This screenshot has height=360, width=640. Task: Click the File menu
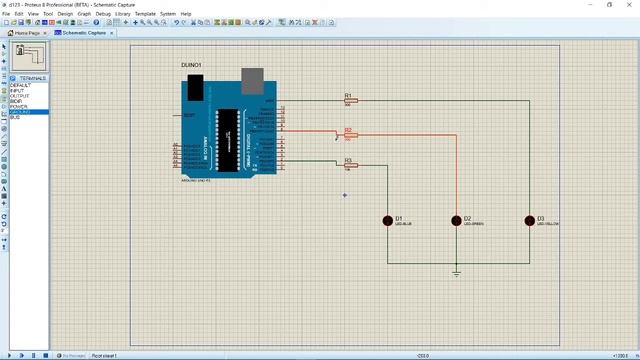coord(6,14)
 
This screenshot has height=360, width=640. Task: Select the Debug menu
coord(102,14)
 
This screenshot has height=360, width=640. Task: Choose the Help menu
coord(186,14)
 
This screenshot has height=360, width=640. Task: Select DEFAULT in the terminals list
coord(21,86)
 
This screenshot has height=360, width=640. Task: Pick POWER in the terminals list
coord(19,107)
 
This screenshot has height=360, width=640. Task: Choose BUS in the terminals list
coord(15,118)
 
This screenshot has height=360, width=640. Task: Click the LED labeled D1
coord(388,220)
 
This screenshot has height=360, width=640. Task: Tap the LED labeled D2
coord(457,220)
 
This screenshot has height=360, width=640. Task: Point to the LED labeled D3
coord(530,220)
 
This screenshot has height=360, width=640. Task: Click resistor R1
coord(350,101)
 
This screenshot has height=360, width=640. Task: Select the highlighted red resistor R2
coord(350,134)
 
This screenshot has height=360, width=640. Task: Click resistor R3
coord(350,165)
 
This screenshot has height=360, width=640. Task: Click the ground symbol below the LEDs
coord(456,273)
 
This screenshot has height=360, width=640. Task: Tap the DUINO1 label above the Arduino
coord(191,65)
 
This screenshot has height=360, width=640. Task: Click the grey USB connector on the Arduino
coord(253,78)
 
